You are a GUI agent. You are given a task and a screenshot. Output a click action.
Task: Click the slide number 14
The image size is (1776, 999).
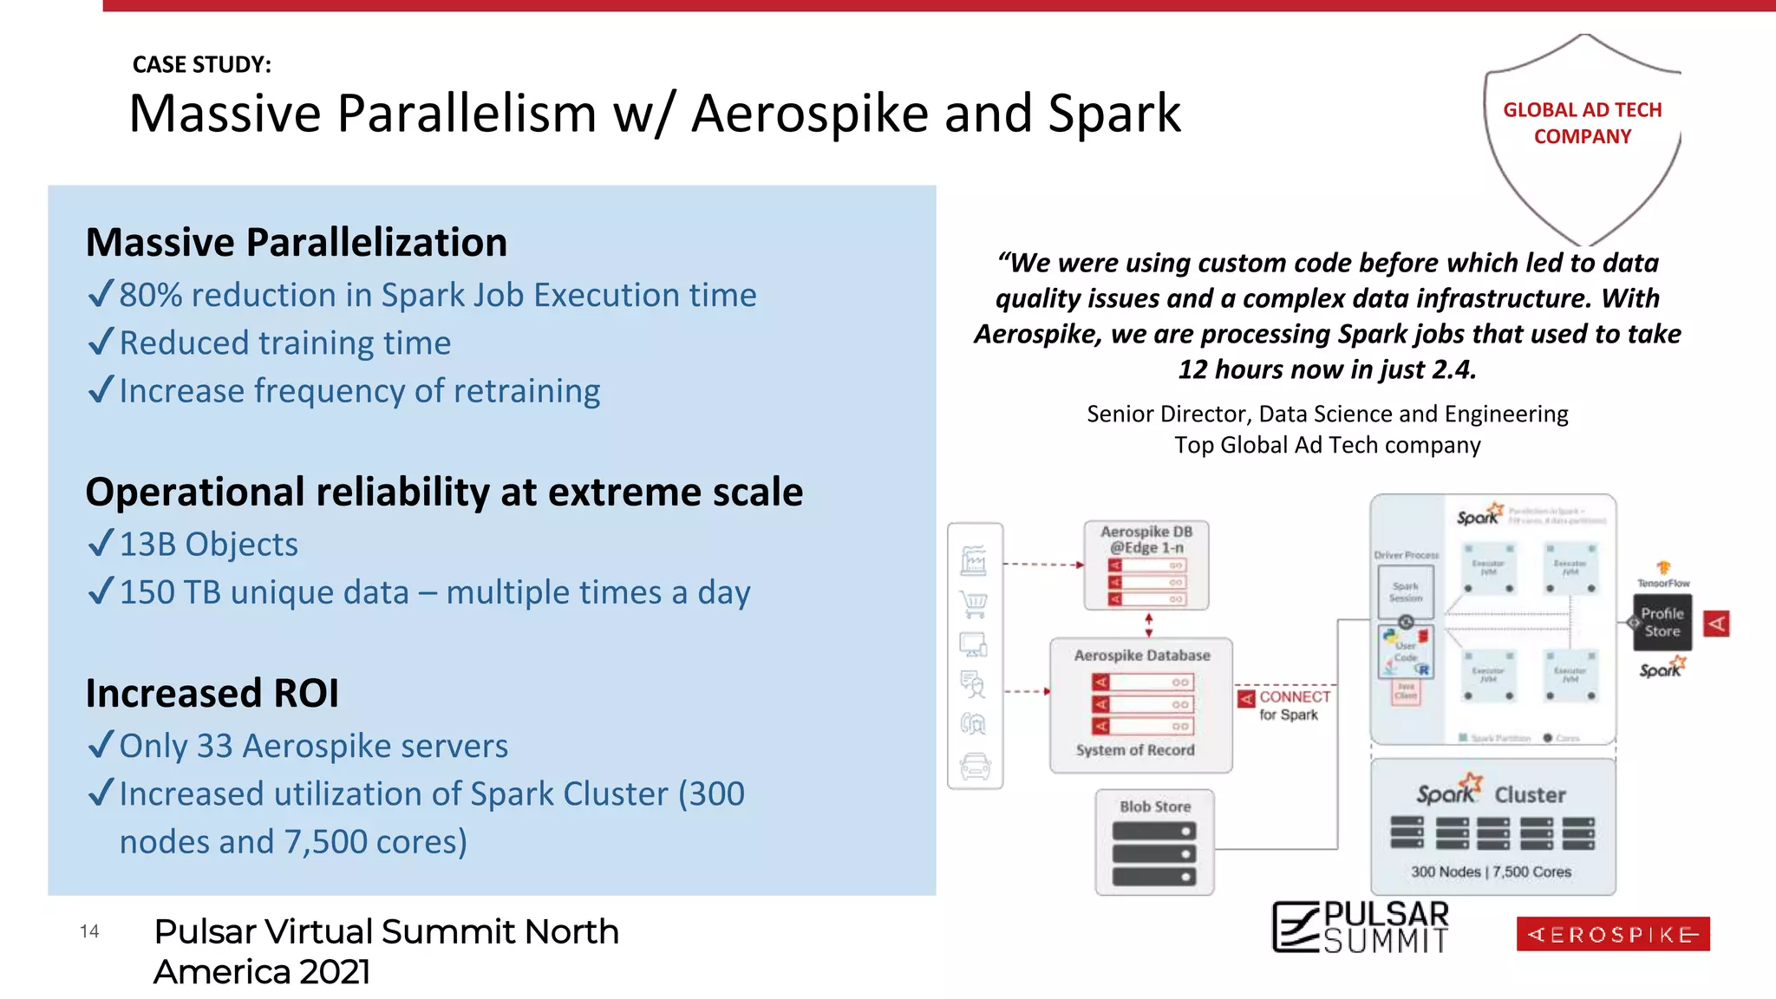tap(89, 931)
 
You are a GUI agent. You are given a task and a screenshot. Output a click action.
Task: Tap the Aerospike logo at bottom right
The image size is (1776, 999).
tap(1612, 934)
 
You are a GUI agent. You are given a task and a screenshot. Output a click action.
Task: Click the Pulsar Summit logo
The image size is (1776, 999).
tap(1360, 927)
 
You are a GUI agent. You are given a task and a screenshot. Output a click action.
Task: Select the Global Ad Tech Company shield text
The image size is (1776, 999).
tap(1582, 123)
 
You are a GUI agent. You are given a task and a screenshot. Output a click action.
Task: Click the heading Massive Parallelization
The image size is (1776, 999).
tap(296, 242)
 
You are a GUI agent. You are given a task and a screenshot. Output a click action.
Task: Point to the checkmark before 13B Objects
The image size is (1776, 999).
tap(101, 544)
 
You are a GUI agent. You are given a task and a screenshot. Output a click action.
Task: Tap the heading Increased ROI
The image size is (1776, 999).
tap(212, 693)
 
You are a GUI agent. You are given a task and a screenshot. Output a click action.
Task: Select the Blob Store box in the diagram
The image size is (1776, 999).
tap(1154, 842)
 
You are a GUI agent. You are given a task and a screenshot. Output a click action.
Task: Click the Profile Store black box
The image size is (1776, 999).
tap(1662, 623)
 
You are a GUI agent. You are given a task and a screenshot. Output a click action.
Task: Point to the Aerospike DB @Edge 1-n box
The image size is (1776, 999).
tap(1146, 565)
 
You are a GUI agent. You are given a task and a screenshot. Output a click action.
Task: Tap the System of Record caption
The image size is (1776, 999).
tap(1134, 750)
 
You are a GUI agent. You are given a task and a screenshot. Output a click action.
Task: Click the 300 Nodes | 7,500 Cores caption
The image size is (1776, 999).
tap(1491, 872)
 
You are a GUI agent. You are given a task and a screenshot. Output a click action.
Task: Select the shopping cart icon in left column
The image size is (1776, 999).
tap(975, 604)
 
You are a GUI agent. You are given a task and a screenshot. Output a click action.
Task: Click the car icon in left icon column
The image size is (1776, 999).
tap(975, 766)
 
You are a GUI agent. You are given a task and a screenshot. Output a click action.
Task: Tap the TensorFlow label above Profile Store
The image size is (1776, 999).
tap(1662, 583)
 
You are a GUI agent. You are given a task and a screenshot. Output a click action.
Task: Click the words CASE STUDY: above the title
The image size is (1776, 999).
tap(201, 65)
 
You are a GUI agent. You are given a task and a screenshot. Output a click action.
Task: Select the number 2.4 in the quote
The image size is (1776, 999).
tap(1453, 369)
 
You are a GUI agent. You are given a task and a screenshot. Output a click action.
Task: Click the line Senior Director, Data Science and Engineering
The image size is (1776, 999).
tap(1327, 414)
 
